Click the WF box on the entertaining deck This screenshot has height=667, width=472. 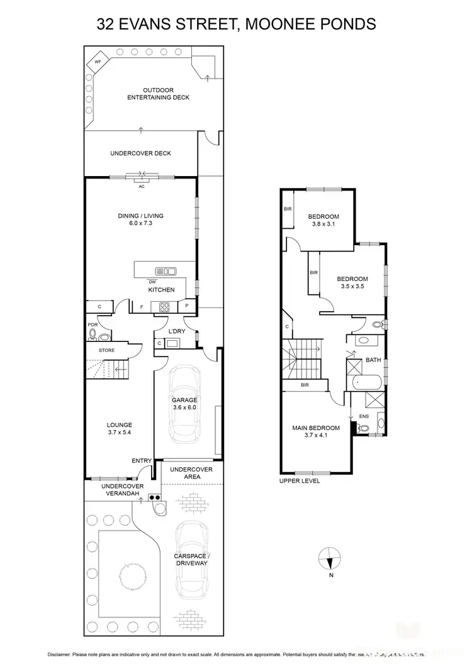tap(99, 62)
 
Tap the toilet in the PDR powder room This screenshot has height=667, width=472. tap(93, 334)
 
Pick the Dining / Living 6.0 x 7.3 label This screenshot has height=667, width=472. tap(140, 219)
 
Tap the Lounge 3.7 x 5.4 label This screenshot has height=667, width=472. tap(119, 429)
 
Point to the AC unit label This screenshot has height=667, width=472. tap(141, 186)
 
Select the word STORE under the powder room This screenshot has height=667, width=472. tap(106, 350)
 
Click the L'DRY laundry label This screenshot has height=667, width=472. tap(176, 331)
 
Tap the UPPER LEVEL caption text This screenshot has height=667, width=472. tap(300, 481)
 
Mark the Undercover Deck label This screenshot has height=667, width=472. tap(140, 153)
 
